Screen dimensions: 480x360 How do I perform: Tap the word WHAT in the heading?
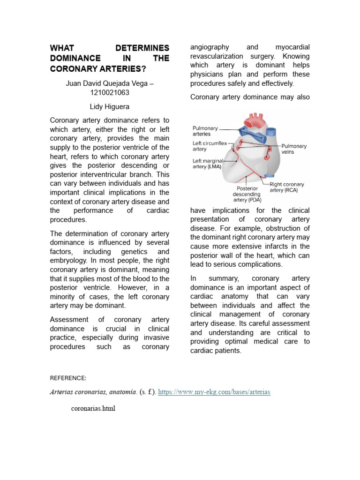(62, 48)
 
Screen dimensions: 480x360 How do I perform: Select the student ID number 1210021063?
(109, 92)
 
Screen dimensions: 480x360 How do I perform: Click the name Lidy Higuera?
(109, 106)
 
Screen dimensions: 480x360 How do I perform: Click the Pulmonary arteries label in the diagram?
(205, 131)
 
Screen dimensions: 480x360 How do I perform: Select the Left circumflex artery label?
(210, 146)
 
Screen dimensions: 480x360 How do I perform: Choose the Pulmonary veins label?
(294, 149)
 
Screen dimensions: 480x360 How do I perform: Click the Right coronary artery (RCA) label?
(287, 187)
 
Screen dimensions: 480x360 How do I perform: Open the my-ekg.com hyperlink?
(214, 391)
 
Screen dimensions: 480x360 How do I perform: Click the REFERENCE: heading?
(68, 378)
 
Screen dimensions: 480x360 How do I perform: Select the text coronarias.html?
(93, 408)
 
